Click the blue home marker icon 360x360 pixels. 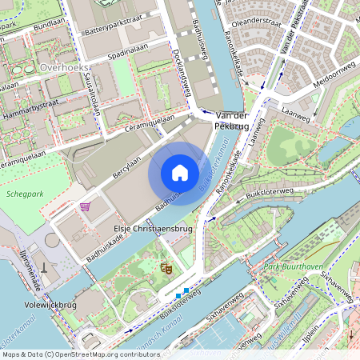(179, 173)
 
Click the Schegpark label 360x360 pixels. (23, 194)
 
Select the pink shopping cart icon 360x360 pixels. (84, 206)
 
